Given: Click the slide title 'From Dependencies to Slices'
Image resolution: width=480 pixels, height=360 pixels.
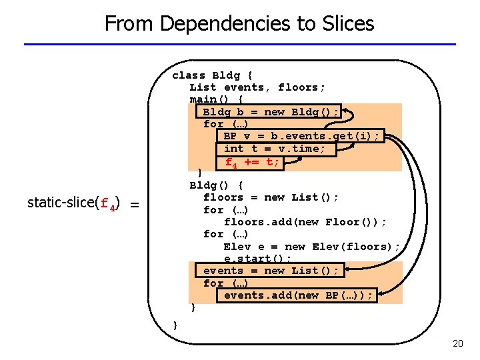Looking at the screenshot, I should pos(239,24).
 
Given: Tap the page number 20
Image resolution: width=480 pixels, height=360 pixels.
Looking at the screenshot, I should pos(457,343).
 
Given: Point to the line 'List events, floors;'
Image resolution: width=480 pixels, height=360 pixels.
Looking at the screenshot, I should pos(257,87).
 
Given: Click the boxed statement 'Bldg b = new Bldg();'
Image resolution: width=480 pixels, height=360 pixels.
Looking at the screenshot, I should pos(271,111).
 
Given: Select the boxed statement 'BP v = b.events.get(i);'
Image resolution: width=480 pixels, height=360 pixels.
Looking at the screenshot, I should pos(301,136).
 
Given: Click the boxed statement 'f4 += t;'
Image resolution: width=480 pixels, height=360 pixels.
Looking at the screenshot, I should pos(252,161).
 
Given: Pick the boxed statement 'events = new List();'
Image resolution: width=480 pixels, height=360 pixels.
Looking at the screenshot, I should pos(271,271).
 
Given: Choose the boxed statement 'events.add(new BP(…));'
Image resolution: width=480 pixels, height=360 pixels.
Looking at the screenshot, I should pos(299,295).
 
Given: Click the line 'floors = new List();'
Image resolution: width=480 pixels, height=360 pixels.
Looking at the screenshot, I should pos(271,197).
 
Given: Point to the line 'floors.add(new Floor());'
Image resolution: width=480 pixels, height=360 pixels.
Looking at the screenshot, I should pos(305,222).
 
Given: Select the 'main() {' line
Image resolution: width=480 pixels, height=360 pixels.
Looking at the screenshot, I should pos(216,99).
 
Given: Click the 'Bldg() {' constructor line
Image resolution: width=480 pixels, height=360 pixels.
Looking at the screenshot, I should pos(216,185).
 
